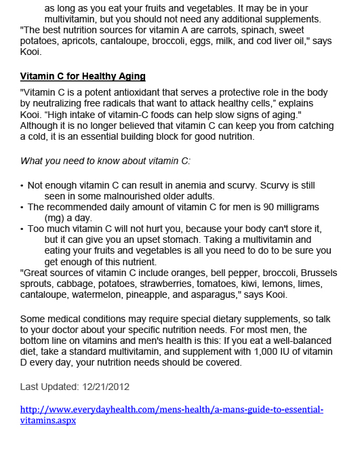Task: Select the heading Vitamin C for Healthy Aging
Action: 83,76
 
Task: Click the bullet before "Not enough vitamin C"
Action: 22,185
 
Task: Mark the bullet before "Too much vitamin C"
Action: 22,229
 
